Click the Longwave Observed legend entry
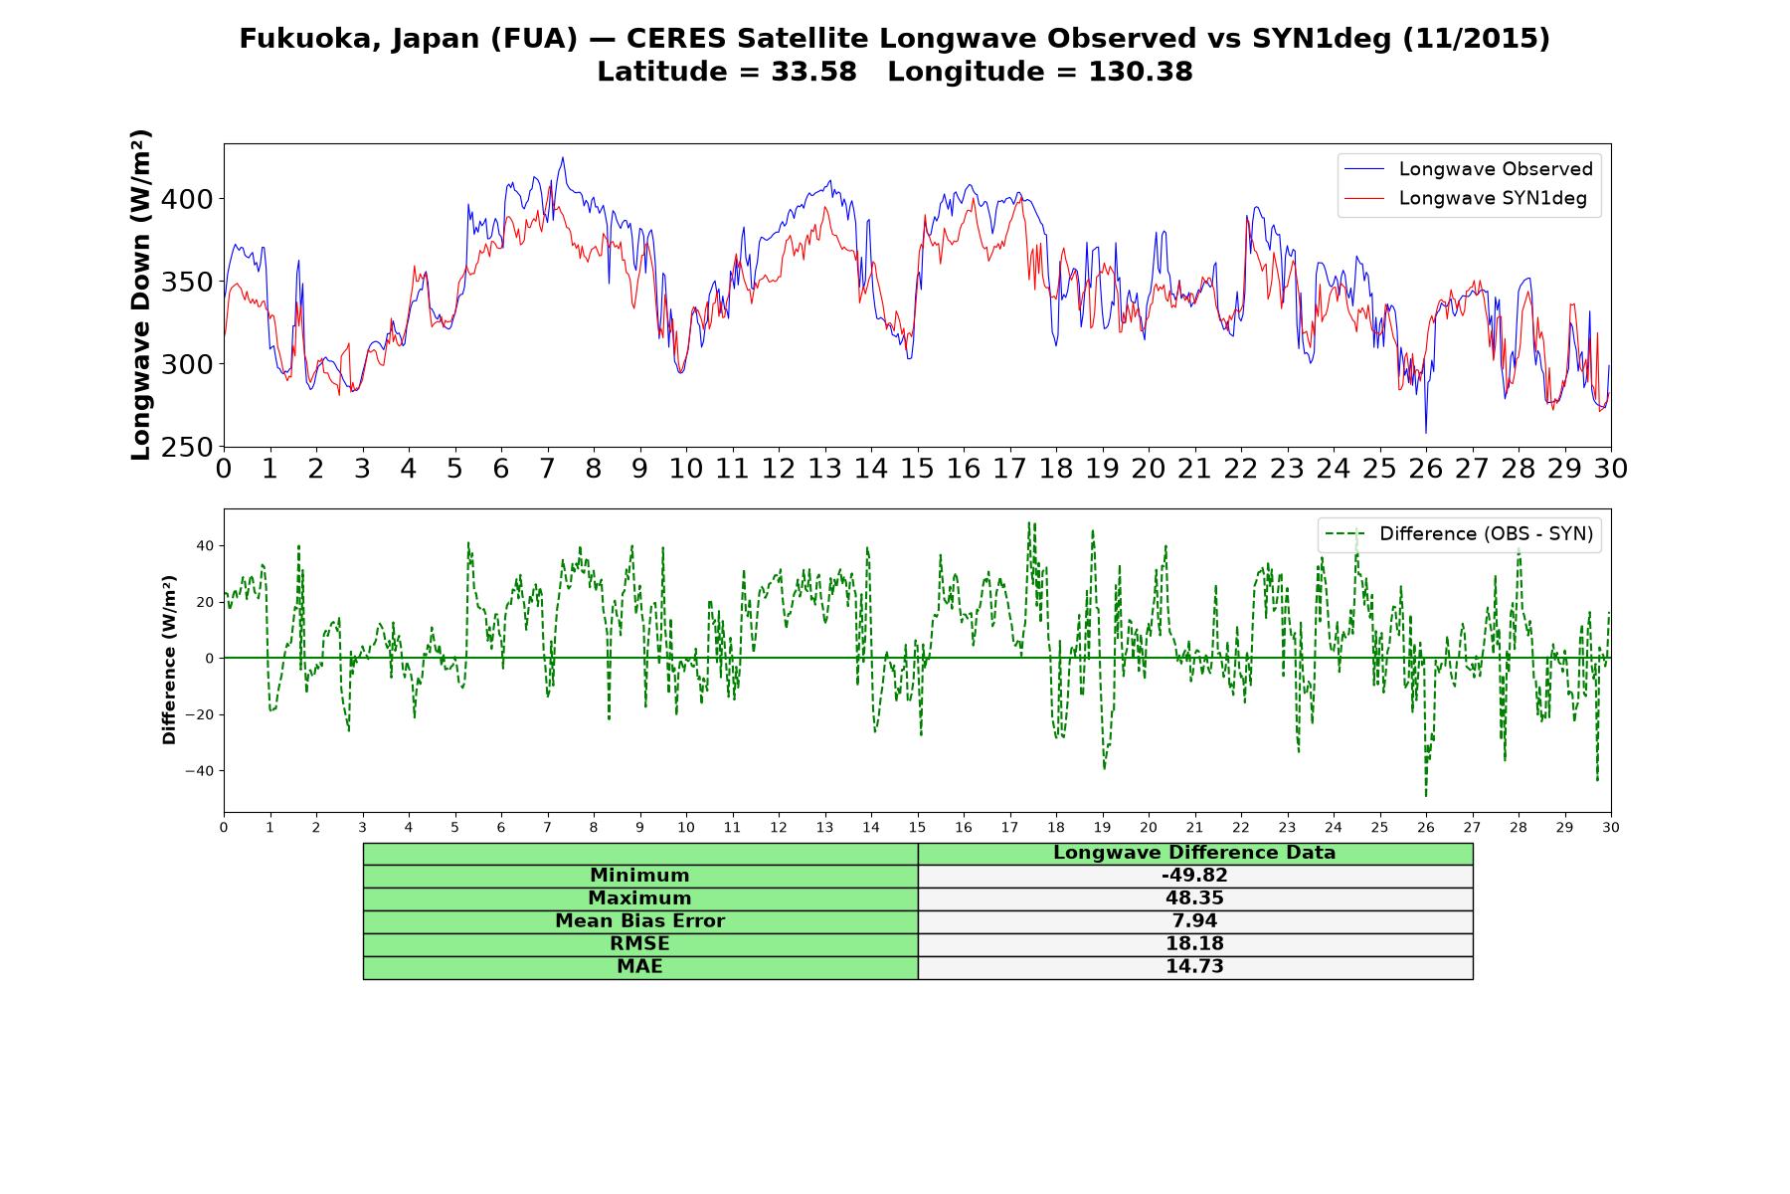coord(1469,169)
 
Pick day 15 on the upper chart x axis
coord(917,468)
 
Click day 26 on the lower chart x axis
coord(1426,828)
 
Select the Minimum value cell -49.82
coord(1194,876)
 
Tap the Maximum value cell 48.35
coord(1194,898)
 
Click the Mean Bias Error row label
coord(639,921)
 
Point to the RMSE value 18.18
coord(1194,944)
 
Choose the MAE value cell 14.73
coord(1194,967)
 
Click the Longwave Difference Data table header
coord(1194,853)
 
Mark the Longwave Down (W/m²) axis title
coord(140,295)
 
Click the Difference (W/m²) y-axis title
coord(169,660)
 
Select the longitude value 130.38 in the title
coord(1141,72)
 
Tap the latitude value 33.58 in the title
coord(813,72)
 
